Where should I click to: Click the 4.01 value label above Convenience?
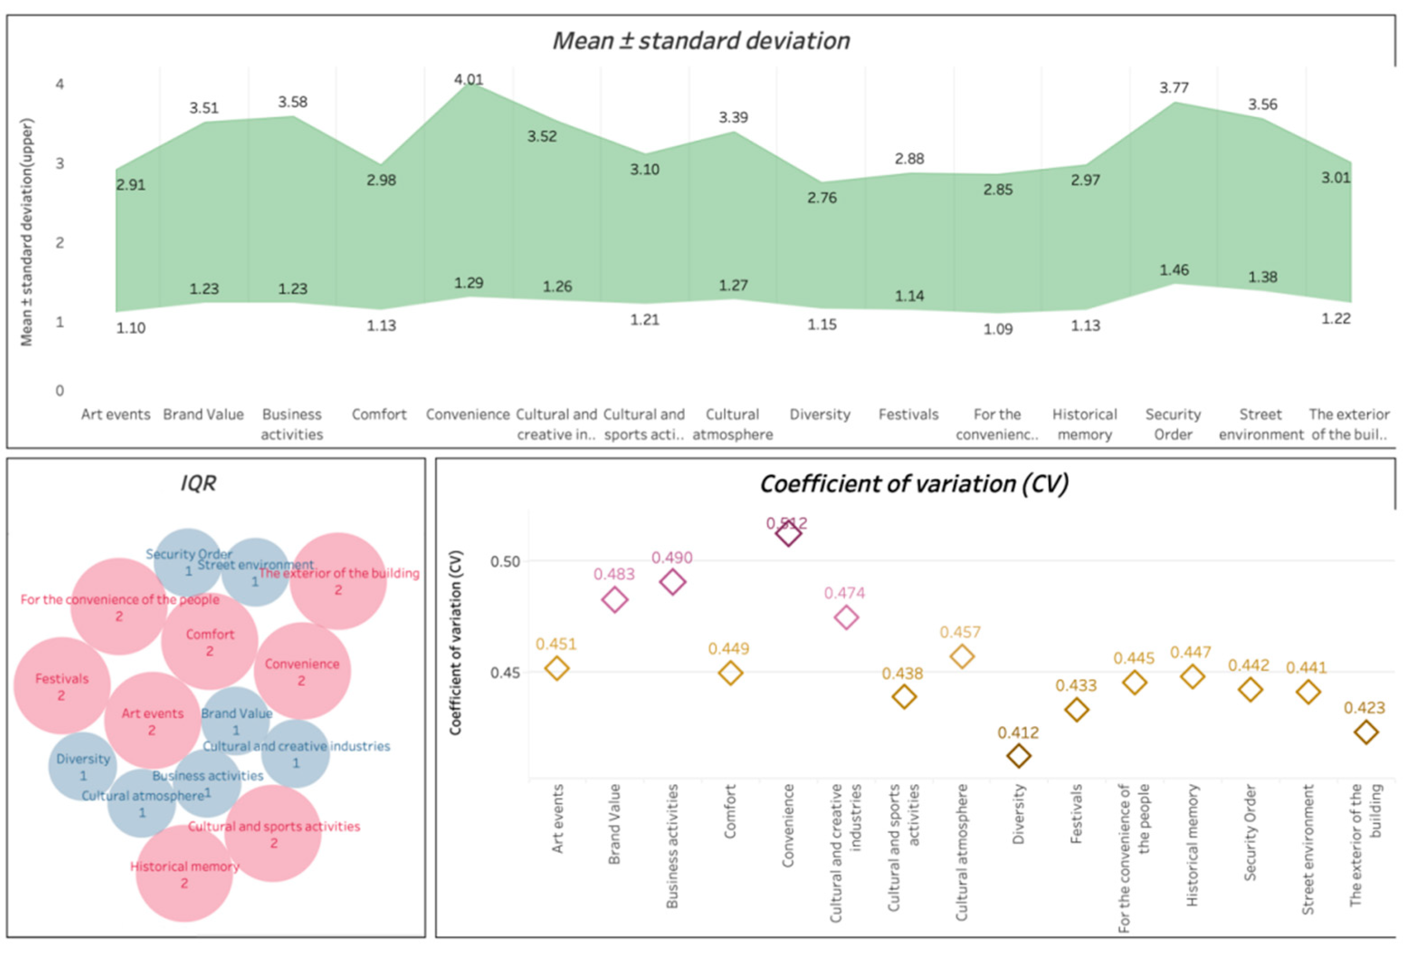tap(468, 80)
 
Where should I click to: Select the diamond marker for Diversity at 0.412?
tap(1018, 756)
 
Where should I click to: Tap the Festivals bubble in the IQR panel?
tap(62, 686)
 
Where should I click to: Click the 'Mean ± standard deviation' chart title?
tap(700, 41)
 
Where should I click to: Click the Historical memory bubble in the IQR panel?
tap(184, 874)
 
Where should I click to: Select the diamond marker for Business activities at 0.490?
tap(672, 582)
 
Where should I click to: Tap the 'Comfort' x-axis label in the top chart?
tap(379, 414)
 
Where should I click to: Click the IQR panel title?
tap(198, 483)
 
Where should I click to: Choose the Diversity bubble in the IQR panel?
tap(83, 766)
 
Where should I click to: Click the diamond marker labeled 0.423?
tap(1366, 732)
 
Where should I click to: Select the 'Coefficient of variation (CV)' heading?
tap(914, 484)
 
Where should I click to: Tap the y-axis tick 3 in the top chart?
tap(60, 163)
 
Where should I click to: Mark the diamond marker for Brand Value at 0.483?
tap(614, 600)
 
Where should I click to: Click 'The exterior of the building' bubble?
tap(338, 581)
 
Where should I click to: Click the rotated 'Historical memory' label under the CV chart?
tap(1192, 845)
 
